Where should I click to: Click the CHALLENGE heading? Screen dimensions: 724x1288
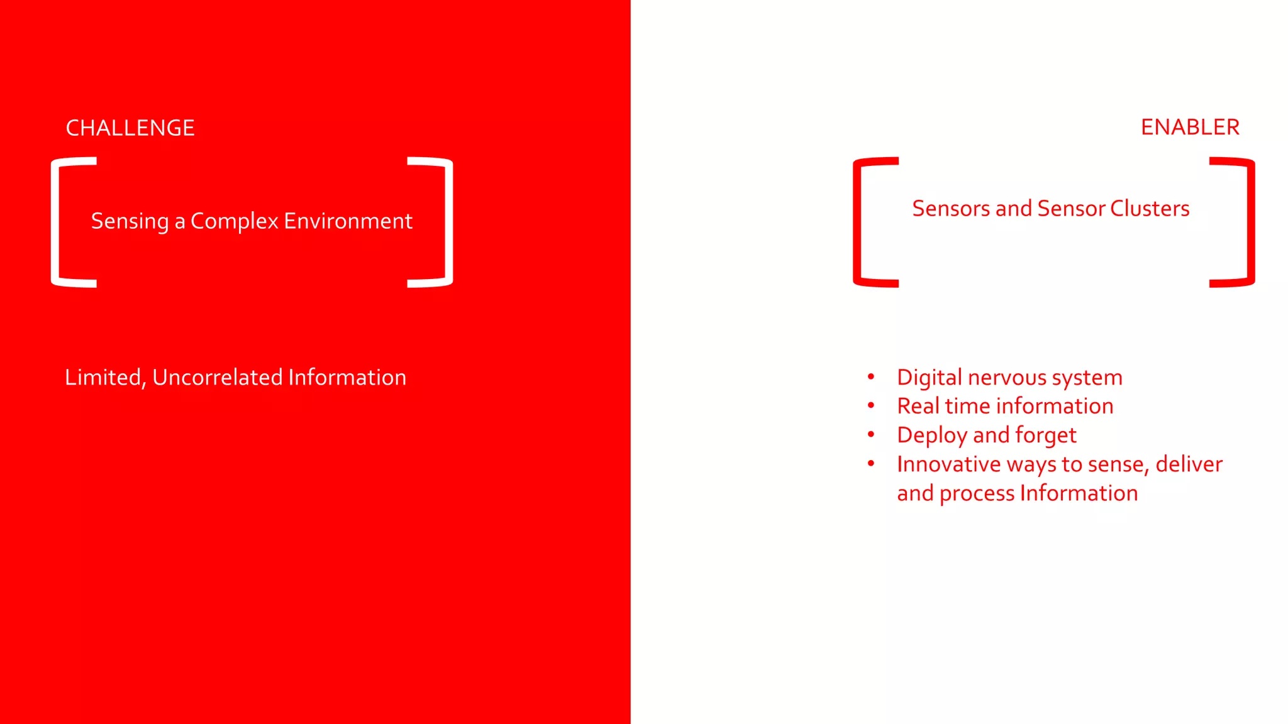click(130, 128)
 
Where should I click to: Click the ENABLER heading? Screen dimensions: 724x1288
click(1190, 127)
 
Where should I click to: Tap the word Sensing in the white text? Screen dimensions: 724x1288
click(130, 221)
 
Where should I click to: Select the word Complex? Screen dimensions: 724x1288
click(234, 221)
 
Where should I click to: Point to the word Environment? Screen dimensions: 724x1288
click(348, 221)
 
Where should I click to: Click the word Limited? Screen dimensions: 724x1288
click(105, 377)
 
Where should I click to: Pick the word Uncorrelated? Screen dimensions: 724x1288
click(217, 377)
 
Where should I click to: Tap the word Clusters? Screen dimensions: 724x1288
click(1150, 208)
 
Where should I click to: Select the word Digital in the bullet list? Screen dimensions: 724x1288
click(930, 378)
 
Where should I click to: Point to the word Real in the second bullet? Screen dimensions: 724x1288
click(918, 406)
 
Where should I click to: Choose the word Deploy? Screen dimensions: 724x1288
click(932, 436)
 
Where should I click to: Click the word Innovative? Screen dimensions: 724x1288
click(948, 464)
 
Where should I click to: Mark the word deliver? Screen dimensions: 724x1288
click(1189, 464)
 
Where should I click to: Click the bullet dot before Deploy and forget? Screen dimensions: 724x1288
click(871, 434)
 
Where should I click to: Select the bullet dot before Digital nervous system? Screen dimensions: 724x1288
click(871, 376)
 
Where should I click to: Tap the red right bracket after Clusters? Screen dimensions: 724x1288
click(1250, 222)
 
